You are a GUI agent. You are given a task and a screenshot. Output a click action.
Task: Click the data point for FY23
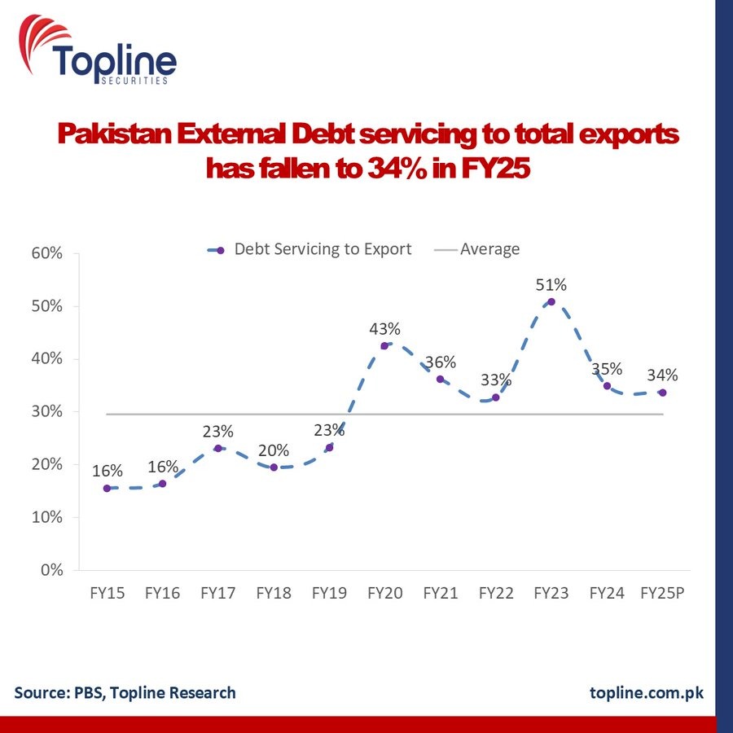551,302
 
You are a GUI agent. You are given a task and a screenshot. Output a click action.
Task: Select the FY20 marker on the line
384,345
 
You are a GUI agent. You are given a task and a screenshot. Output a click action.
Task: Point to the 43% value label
384,329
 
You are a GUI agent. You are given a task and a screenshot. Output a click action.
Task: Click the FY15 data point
107,488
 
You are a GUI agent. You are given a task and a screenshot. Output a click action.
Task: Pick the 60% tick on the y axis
48,253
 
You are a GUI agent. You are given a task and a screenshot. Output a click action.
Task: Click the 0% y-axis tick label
53,570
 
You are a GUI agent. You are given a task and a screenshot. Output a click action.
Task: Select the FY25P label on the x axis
662,593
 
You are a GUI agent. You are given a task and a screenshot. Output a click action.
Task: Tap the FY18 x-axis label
274,593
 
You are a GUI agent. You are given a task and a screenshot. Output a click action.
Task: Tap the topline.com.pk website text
646,692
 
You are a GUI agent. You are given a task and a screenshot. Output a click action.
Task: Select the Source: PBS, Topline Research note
125,692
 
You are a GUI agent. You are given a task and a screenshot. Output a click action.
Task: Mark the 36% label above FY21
441,362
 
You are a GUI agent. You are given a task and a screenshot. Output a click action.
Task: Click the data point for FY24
607,386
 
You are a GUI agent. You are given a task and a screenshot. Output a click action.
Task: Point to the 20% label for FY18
274,450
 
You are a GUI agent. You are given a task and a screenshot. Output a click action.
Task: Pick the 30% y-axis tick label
48,411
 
